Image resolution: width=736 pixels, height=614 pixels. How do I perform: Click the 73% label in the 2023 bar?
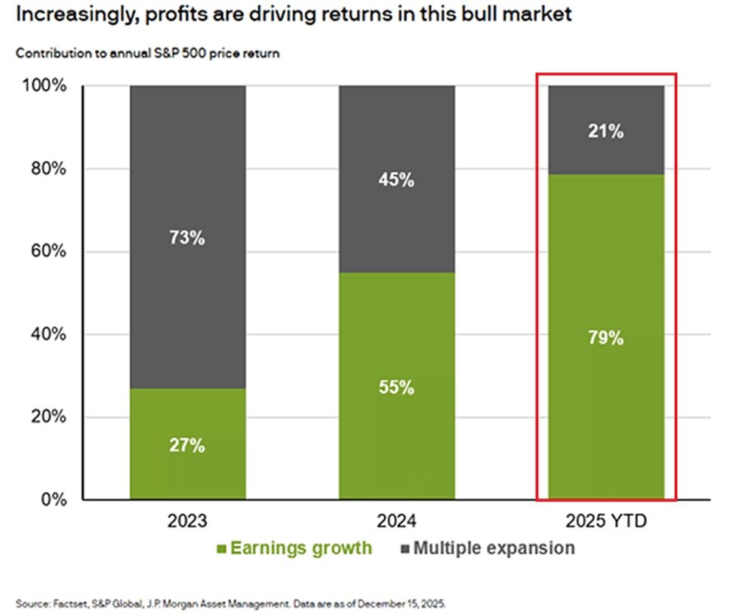coord(187,238)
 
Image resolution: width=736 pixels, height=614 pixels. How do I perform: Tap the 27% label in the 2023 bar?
coord(187,446)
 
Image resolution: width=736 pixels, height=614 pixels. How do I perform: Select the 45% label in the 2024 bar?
coord(396,181)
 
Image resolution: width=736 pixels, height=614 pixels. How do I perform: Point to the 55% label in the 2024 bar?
coord(396,388)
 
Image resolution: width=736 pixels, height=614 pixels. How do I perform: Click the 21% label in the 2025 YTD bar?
coord(605,132)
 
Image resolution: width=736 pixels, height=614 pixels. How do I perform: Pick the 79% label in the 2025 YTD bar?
coord(605,339)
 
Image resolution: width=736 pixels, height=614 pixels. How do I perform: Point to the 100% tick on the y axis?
coord(46,86)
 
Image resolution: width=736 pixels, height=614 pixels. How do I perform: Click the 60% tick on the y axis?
coord(50,252)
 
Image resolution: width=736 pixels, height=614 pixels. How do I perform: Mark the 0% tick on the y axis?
coord(54,499)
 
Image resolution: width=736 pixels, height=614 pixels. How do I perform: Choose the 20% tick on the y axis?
coord(50,417)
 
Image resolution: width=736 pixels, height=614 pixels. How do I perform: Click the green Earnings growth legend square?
coord(220,549)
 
